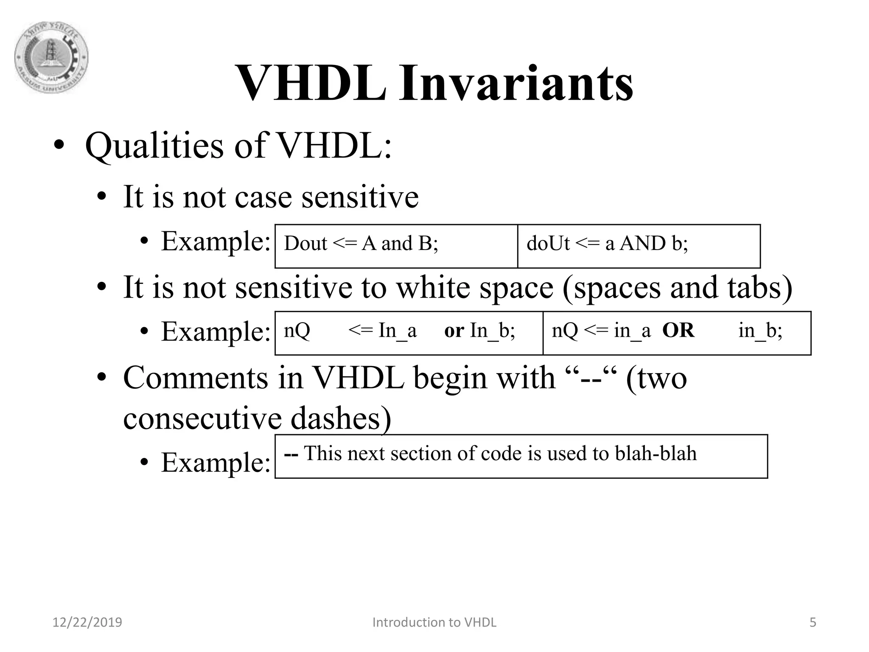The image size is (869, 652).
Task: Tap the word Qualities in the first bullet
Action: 154,146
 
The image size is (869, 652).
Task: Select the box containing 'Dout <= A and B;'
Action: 396,246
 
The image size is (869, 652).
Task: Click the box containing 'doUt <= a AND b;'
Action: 639,246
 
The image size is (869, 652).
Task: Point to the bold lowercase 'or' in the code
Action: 454,331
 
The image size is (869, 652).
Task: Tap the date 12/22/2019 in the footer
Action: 87,622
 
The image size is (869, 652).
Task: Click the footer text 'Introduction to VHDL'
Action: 434,622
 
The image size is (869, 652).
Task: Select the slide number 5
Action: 813,622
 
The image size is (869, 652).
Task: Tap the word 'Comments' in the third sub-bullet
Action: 195,378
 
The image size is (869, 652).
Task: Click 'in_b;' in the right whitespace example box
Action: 760,331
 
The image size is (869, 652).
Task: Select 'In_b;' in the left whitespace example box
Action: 492,331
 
